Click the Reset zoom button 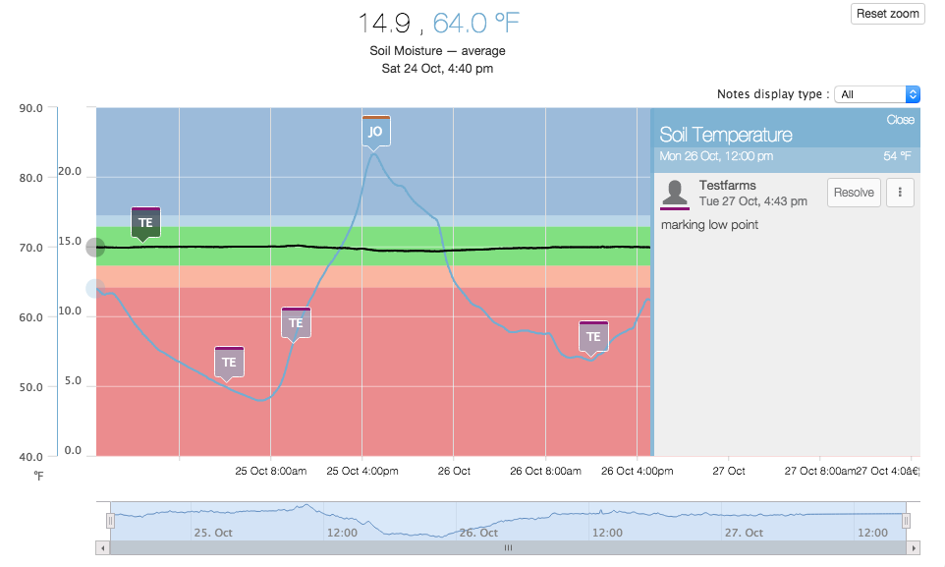(887, 14)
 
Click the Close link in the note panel (900, 120)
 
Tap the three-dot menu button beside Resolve (900, 193)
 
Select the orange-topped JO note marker (375, 131)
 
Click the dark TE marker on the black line (145, 222)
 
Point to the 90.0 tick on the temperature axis (31, 109)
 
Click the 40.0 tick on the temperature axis (31, 457)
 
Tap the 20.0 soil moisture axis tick (70, 172)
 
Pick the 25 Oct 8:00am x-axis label (271, 472)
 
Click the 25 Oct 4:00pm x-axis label (362, 472)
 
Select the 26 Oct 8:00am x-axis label (545, 472)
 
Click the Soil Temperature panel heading (725, 135)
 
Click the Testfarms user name (727, 186)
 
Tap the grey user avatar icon (675, 193)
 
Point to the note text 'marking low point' (709, 225)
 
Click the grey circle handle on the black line (95, 248)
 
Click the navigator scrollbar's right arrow (915, 547)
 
